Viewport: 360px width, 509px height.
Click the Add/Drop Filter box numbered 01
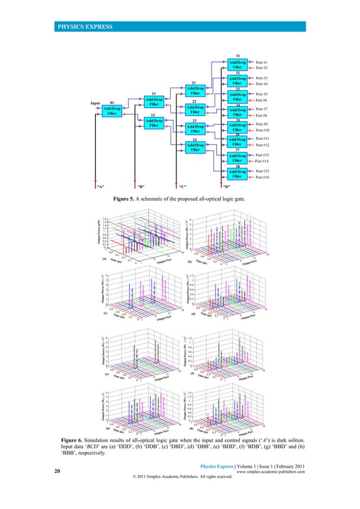coord(112,111)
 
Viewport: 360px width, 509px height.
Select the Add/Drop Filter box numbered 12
coord(153,123)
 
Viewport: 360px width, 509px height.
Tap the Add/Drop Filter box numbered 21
coord(194,91)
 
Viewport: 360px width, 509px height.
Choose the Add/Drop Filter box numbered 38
coord(237,174)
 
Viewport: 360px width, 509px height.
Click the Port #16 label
coord(266,177)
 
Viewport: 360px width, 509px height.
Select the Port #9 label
coord(265,124)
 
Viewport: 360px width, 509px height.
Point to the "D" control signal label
coord(226,185)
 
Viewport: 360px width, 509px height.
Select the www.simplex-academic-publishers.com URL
coord(271,472)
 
